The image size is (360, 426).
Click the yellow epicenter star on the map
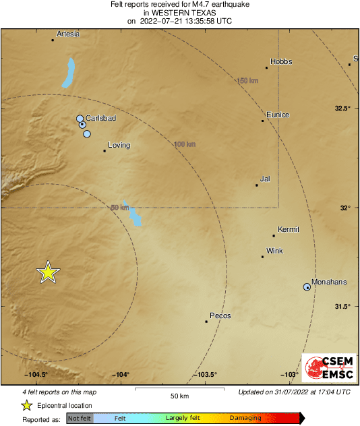(x=48, y=272)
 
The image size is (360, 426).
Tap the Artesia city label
(x=68, y=34)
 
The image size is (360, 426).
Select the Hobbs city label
(x=281, y=61)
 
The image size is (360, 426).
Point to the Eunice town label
(x=278, y=115)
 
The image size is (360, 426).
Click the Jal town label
(x=265, y=179)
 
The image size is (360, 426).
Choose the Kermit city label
(x=288, y=229)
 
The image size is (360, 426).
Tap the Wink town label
(x=274, y=251)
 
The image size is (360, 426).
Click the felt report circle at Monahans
(x=307, y=287)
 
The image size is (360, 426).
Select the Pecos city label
(x=220, y=315)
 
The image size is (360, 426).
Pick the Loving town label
(x=119, y=145)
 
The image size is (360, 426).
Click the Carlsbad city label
(x=101, y=118)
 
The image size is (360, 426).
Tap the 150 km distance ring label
(x=247, y=81)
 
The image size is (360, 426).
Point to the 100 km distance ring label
(x=185, y=144)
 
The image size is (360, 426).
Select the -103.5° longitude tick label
(x=206, y=375)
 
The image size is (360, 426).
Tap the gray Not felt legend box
(x=80, y=419)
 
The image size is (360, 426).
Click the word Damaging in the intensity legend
(x=245, y=419)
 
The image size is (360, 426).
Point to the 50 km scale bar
(x=179, y=390)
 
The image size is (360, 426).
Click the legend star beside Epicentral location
(x=26, y=405)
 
